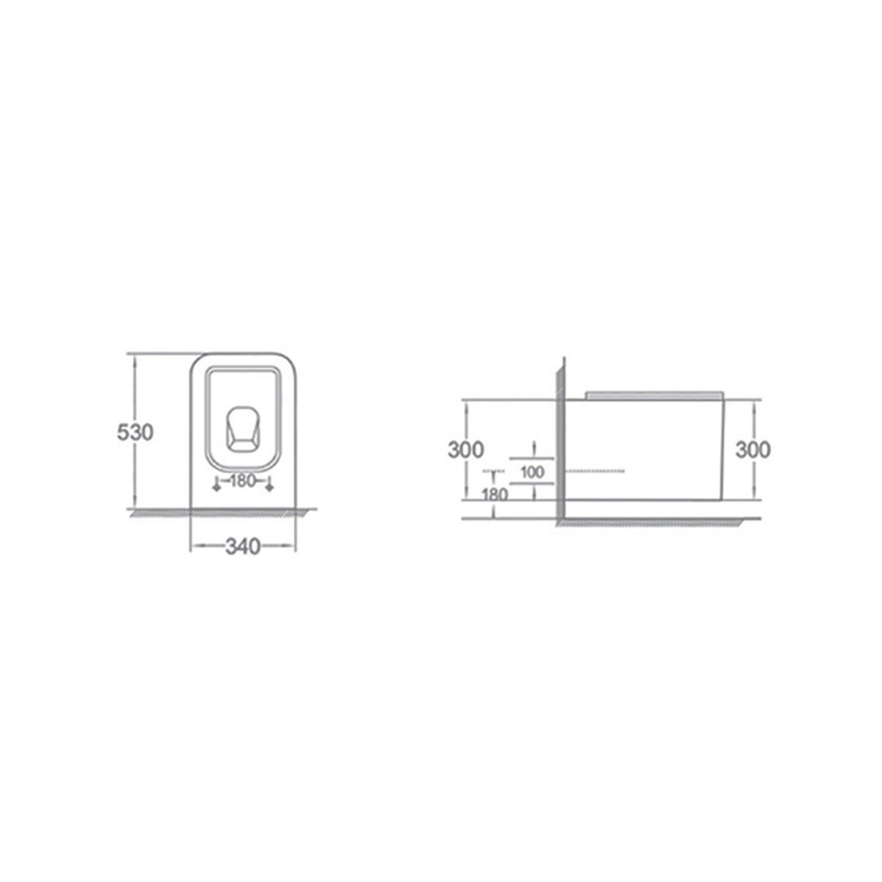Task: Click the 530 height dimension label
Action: click(135, 432)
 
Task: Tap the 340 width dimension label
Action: click(243, 546)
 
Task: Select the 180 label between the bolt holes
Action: click(243, 481)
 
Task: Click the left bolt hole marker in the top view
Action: click(216, 485)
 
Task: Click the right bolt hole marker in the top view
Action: click(269, 485)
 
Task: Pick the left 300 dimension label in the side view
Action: click(465, 449)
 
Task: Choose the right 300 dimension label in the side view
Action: click(753, 449)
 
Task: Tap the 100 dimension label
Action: click(532, 471)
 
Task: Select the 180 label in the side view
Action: click(495, 494)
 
